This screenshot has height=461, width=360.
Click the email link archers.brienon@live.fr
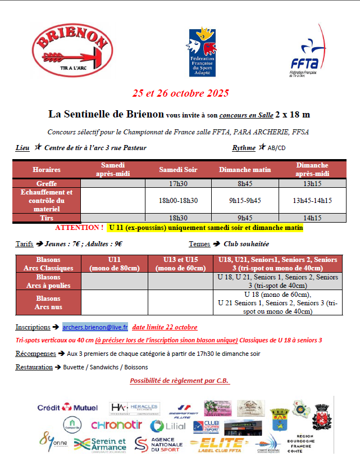coord(95,326)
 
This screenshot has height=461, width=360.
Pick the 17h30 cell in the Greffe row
coord(178,183)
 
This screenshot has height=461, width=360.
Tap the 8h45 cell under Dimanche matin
coord(244,183)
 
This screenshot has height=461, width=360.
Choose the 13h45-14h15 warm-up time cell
coord(312,200)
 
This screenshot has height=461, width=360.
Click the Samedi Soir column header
coord(178,169)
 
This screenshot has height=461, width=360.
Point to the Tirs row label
coord(47,218)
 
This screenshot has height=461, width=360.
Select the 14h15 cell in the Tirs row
coord(312,218)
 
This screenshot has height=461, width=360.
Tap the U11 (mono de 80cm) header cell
coord(114,264)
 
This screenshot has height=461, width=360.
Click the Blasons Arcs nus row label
coord(48,302)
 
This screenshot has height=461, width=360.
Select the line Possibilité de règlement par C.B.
coord(180,381)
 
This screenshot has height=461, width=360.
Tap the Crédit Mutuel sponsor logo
coord(67,407)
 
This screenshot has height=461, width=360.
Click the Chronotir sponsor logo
coord(116,426)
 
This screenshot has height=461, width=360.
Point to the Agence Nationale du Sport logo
coord(159,444)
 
